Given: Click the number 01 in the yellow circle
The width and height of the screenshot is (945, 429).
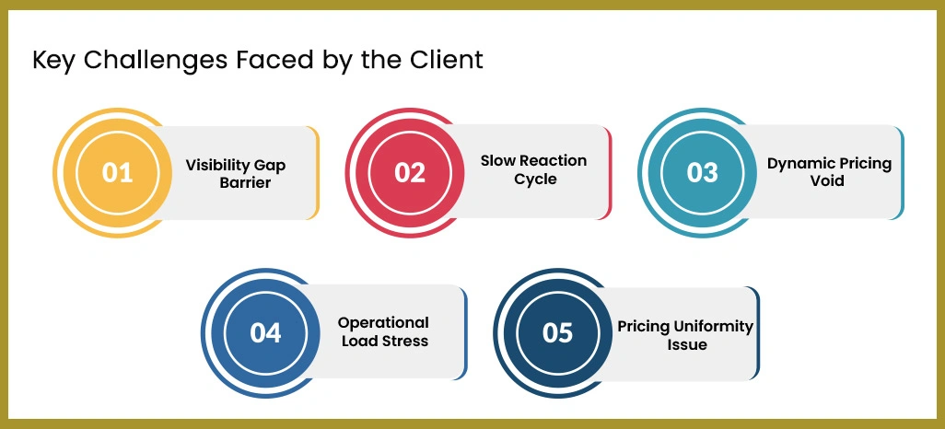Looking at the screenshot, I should pos(118,173).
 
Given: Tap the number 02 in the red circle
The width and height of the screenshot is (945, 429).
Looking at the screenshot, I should pos(410,173).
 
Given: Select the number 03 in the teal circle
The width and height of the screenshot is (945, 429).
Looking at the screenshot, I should pos(703,173).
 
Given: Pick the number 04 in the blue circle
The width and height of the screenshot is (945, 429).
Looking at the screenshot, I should pos(265,332).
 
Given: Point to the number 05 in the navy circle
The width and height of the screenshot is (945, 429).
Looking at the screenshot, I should pos(558,332).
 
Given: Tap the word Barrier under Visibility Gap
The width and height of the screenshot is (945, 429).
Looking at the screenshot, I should pos(245,182).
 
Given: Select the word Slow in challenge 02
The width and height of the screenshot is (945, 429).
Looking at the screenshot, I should pos(497,161).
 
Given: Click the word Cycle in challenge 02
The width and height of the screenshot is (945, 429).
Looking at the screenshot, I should pos(535,179).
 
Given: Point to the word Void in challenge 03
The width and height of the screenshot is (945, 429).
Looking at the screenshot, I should pos(829,180).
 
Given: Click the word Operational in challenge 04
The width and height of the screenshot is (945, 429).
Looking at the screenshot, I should pos(383,323).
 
